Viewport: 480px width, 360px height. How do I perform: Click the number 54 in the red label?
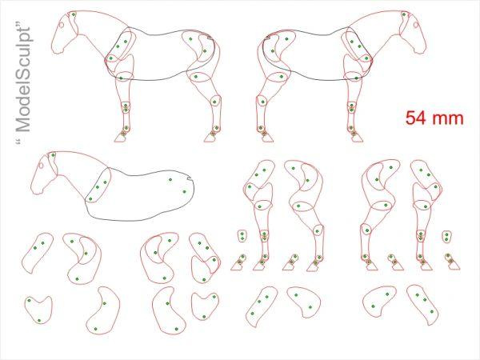coord(416,118)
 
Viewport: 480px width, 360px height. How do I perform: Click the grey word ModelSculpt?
coord(23,80)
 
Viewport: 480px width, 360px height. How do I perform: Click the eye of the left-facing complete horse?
coord(62,25)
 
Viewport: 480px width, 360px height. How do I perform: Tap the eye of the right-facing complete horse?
coord(416,25)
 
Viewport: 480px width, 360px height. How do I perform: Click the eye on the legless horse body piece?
coord(41,166)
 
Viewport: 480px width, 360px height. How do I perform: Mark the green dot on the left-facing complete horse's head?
coord(74,14)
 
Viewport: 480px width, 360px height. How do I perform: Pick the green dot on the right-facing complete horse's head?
coord(404,14)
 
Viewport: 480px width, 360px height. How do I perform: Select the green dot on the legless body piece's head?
coord(53,155)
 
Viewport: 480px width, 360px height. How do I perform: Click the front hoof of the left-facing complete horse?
coord(121,138)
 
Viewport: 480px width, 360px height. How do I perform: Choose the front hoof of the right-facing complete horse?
coord(357,138)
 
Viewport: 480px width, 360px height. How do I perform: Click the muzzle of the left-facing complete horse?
coord(56,49)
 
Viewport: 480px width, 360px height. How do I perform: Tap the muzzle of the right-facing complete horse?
coord(422,49)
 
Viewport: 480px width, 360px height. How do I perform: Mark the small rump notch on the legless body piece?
coord(188,177)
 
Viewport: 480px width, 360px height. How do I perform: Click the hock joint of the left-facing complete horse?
coord(214,102)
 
